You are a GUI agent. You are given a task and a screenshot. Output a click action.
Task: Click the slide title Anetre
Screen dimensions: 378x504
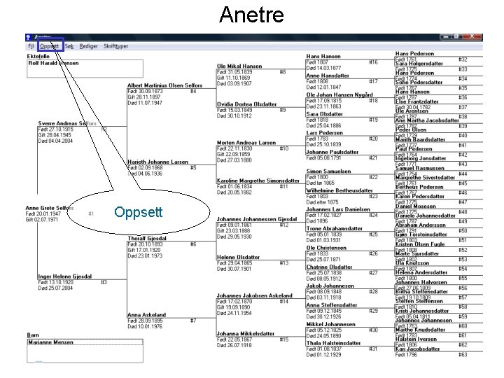click(x=251, y=15)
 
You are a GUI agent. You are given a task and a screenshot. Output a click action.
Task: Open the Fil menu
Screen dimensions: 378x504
click(x=31, y=45)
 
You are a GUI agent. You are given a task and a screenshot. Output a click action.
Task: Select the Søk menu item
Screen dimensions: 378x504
click(x=69, y=45)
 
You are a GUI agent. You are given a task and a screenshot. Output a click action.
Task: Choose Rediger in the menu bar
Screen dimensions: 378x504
click(x=88, y=45)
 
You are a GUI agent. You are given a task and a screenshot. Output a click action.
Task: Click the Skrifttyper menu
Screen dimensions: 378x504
click(x=116, y=45)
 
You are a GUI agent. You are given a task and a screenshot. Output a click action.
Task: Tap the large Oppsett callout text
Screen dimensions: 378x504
click(x=139, y=211)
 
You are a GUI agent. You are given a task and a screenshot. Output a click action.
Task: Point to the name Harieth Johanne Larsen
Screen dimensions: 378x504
click(x=157, y=162)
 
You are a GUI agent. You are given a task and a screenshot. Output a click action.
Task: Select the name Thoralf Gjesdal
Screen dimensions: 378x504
click(x=147, y=238)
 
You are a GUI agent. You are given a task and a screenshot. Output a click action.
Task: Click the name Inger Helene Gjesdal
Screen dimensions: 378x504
click(x=64, y=276)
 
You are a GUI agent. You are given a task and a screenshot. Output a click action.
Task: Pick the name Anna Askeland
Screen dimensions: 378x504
click(x=146, y=315)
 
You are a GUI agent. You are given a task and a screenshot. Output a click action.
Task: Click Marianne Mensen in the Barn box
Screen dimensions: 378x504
click(x=50, y=342)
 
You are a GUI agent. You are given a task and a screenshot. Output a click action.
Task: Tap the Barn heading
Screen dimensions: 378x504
click(x=32, y=335)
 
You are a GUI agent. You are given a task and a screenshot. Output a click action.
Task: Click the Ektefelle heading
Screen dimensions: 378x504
click(x=38, y=56)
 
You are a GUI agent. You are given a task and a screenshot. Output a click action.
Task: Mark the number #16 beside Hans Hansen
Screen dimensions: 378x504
click(x=373, y=62)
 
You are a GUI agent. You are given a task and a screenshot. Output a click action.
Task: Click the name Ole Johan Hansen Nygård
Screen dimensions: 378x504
click(x=339, y=94)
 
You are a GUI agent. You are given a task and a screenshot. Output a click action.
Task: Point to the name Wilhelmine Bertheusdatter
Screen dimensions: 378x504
click(x=339, y=190)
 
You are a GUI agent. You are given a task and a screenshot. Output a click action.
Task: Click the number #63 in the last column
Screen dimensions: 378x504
click(x=463, y=355)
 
